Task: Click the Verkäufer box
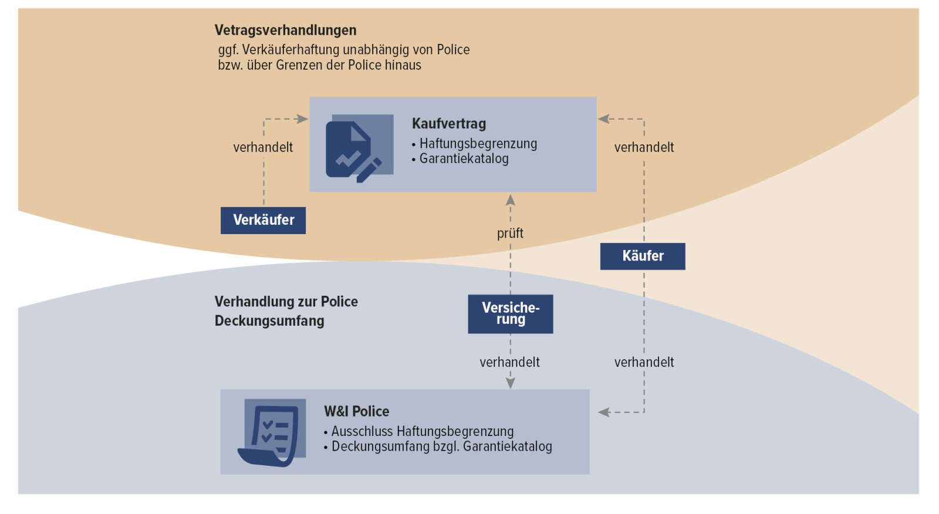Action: pyautogui.click(x=263, y=220)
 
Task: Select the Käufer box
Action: pyautogui.click(x=643, y=256)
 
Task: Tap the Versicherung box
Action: pyautogui.click(x=510, y=314)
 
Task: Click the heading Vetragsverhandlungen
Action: pyautogui.click(x=285, y=30)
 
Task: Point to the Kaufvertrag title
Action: pyautogui.click(x=449, y=123)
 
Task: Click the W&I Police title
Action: pyautogui.click(x=356, y=411)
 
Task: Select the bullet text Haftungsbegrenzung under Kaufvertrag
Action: pyautogui.click(x=478, y=144)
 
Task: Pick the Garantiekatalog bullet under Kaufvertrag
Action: pyautogui.click(x=464, y=158)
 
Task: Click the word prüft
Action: pyautogui.click(x=510, y=233)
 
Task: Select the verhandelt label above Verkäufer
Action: pyautogui.click(x=263, y=147)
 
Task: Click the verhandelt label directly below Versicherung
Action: pyautogui.click(x=509, y=362)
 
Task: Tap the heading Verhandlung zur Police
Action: pyautogui.click(x=286, y=302)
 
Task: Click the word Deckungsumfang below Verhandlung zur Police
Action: pyautogui.click(x=269, y=321)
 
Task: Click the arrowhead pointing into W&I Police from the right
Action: pyautogui.click(x=603, y=412)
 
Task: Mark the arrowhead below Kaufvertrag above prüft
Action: pyautogui.click(x=511, y=200)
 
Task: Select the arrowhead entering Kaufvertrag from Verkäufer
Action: pyautogui.click(x=302, y=119)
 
